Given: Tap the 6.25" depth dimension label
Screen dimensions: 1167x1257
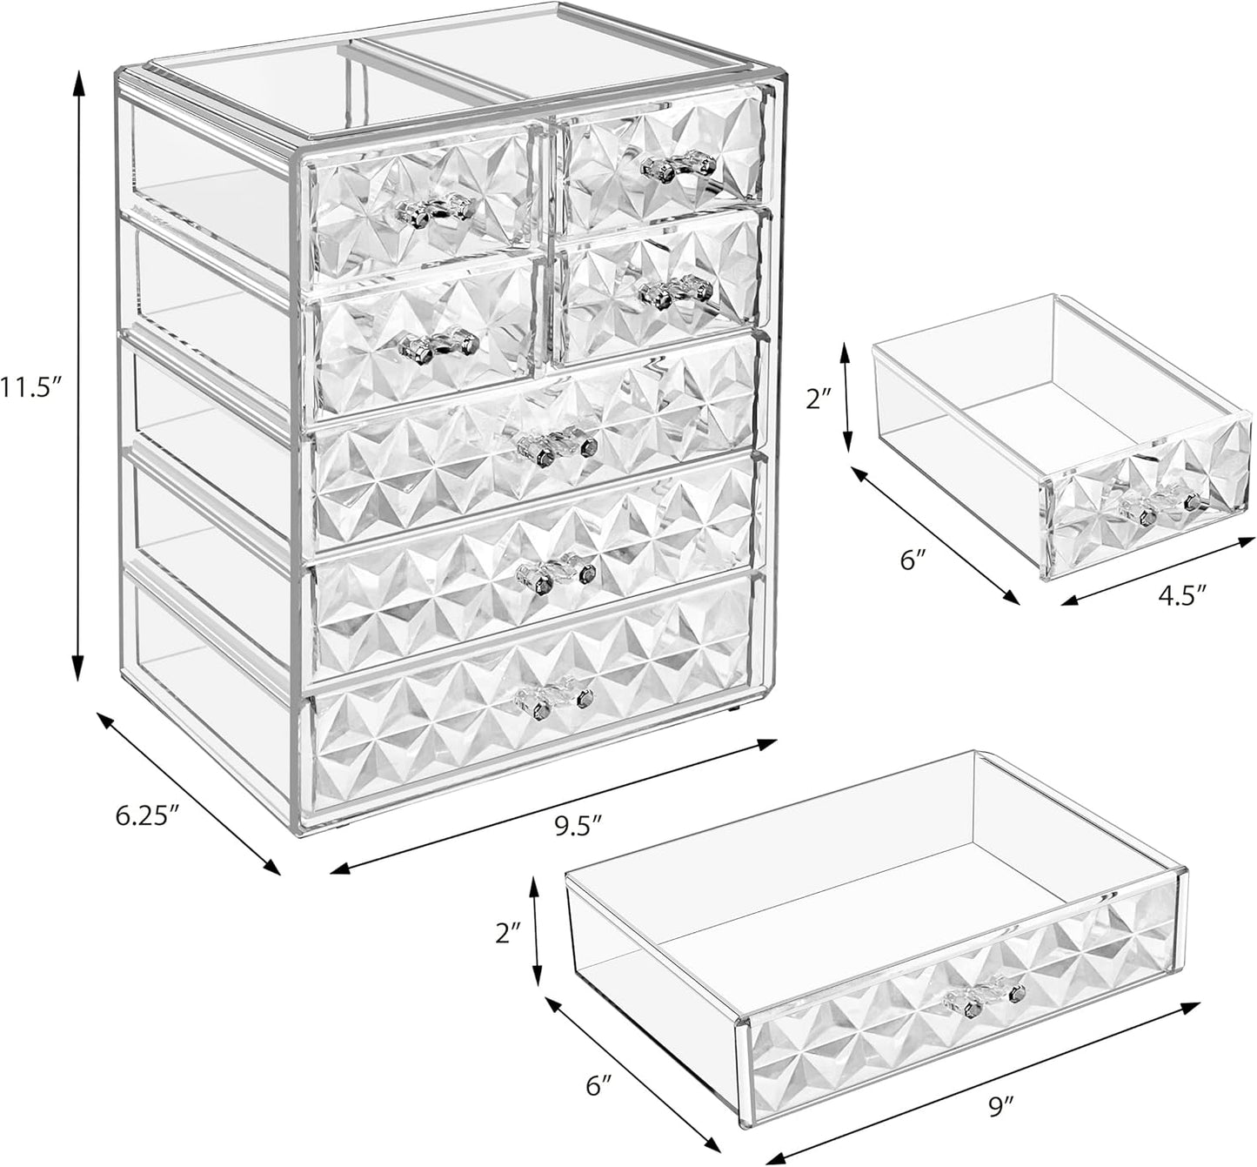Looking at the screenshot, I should click(148, 815).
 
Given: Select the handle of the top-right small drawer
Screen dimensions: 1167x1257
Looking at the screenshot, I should click(679, 164).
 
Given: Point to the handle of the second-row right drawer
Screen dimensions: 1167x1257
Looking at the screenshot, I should click(676, 291).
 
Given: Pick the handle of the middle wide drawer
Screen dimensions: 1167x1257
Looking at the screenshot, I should click(556, 572).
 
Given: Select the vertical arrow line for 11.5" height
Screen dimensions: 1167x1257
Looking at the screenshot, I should click(79, 374).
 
